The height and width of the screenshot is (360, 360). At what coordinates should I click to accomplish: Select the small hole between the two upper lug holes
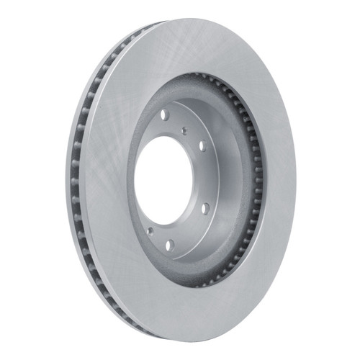185,130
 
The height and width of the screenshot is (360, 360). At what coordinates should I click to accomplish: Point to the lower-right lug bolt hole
205,208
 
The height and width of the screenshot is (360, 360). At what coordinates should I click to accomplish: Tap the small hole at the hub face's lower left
150,231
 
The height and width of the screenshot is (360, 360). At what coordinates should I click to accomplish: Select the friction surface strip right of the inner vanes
277,180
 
